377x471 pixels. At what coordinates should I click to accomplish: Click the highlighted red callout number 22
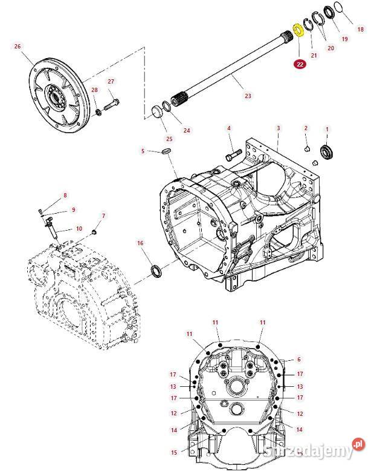point(300,64)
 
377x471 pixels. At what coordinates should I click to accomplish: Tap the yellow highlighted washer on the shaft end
point(298,31)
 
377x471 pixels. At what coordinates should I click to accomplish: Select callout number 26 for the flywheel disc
point(17,47)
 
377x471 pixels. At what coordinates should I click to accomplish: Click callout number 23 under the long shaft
point(248,96)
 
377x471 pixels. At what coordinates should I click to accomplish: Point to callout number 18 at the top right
point(361,29)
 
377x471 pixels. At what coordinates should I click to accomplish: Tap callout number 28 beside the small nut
point(94,90)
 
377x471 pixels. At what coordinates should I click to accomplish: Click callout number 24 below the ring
point(186,130)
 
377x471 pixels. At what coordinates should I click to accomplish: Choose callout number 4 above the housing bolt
point(229,128)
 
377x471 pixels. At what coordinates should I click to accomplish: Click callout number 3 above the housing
point(278,128)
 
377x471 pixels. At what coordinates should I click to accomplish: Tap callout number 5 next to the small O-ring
point(143,151)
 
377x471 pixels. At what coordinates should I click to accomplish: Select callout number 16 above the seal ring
point(140,243)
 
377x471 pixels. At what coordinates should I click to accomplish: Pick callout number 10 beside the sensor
point(79,229)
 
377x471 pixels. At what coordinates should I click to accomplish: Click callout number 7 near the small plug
point(103,216)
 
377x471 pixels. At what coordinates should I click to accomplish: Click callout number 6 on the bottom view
point(298,360)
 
